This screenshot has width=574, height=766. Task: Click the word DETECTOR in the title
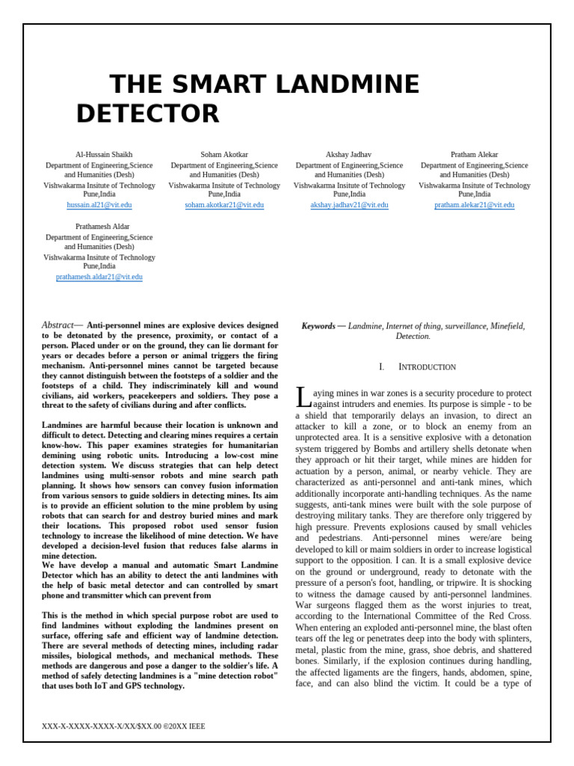click(148, 114)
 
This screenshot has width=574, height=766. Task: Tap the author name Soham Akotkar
click(224, 155)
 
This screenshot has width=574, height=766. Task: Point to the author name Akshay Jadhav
click(349, 155)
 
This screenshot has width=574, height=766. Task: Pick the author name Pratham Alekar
click(474, 155)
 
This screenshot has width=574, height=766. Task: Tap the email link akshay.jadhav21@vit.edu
click(349, 205)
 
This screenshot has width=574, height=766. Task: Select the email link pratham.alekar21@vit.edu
click(474, 205)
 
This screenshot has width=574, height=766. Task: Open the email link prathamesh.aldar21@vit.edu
click(99, 277)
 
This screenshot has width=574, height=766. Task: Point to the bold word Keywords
click(318, 327)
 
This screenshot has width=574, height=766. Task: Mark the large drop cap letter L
click(302, 396)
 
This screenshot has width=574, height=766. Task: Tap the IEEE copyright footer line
click(123, 726)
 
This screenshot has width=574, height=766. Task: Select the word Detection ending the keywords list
click(413, 337)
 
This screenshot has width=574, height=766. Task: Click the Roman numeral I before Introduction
click(381, 367)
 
